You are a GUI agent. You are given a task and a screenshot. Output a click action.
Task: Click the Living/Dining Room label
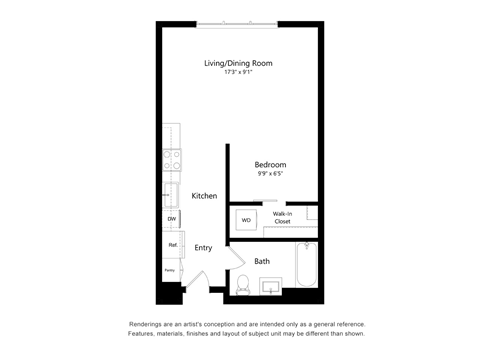pyautogui.click(x=238, y=63)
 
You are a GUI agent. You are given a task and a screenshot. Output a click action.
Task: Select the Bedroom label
pyautogui.click(x=270, y=165)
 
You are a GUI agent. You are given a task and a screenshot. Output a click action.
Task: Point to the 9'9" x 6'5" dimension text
pyautogui.click(x=270, y=175)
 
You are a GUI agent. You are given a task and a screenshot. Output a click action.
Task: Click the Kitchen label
pyautogui.click(x=205, y=196)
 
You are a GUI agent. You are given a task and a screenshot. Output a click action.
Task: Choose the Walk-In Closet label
pyautogui.click(x=282, y=217)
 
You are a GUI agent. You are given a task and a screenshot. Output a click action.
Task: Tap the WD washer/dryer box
pyautogui.click(x=246, y=219)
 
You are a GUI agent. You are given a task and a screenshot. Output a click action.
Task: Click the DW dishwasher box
pyautogui.click(x=171, y=218)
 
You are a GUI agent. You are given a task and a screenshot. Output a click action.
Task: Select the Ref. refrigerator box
pyautogui.click(x=172, y=245)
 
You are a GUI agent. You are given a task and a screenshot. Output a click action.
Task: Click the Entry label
pyautogui.click(x=203, y=247)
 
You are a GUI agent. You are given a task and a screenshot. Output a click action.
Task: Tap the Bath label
pyautogui.click(x=262, y=261)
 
